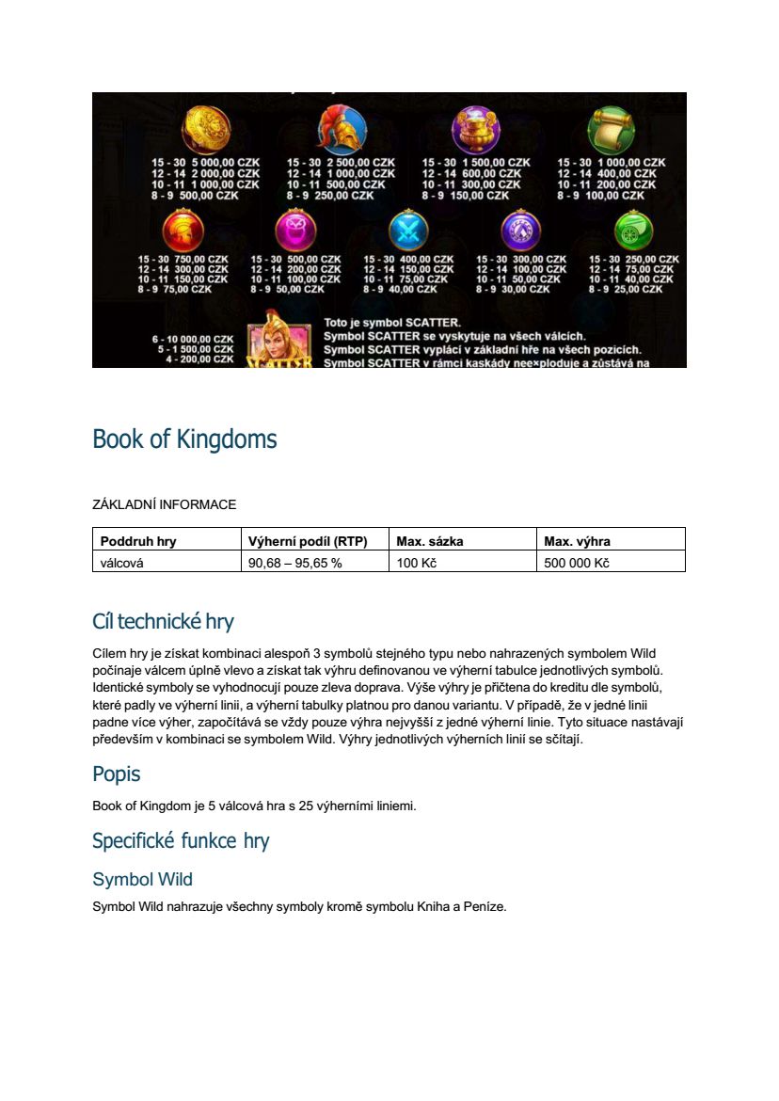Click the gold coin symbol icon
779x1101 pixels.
pyautogui.click(x=199, y=129)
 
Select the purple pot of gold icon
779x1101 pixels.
pyautogui.click(x=476, y=129)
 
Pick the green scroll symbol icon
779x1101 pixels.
pyautogui.click(x=612, y=129)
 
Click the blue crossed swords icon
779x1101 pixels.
pyautogui.click(x=408, y=230)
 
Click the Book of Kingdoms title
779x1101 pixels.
pyautogui.click(x=184, y=439)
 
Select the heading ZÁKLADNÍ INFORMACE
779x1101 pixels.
pyautogui.click(x=164, y=504)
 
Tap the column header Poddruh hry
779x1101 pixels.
pyautogui.click(x=138, y=541)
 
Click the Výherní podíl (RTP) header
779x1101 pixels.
pyautogui.click(x=307, y=541)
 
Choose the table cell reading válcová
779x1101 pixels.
pyautogui.click(x=122, y=563)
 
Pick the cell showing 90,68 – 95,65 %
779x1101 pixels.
pyautogui.click(x=295, y=563)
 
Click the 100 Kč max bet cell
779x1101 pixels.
pyautogui.click(x=417, y=563)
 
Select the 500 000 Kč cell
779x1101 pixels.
pyautogui.click(x=577, y=563)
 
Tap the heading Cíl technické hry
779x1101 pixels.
pyautogui.click(x=163, y=621)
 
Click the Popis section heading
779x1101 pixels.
pyautogui.click(x=117, y=774)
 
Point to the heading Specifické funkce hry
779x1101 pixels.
pyautogui.click(x=181, y=840)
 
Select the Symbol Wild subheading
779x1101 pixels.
pyautogui.click(x=142, y=879)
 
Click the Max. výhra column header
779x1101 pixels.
pyautogui.click(x=577, y=541)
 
